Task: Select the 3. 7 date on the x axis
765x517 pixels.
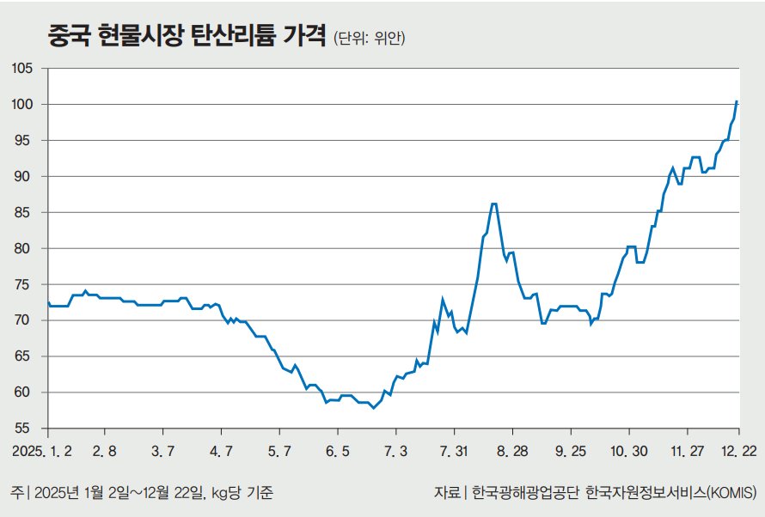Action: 162,451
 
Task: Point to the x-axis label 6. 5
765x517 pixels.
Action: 337,451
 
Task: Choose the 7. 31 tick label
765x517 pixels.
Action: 453,451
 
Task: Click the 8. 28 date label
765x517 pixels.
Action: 511,451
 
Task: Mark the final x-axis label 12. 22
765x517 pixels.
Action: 739,451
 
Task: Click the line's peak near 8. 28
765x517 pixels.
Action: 493,204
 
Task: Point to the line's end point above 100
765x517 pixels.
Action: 737,101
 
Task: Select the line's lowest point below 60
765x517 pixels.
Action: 373,408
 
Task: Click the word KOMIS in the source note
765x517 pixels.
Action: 732,493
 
